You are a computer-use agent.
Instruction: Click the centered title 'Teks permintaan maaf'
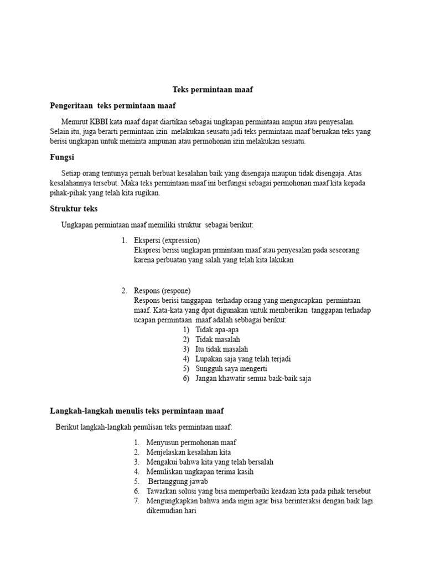pyautogui.click(x=212, y=89)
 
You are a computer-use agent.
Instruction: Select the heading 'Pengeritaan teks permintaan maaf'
pyautogui.click(x=113, y=105)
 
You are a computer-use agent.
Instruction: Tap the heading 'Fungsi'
pyautogui.click(x=62, y=157)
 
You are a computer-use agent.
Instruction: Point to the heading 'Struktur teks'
pyautogui.click(x=74, y=209)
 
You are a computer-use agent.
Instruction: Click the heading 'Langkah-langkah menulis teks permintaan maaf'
pyautogui.click(x=137, y=411)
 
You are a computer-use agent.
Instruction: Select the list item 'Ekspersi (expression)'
pyautogui.click(x=167, y=240)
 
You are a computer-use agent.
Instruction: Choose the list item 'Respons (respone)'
pyautogui.click(x=162, y=291)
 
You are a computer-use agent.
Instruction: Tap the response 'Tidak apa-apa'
pyautogui.click(x=217, y=329)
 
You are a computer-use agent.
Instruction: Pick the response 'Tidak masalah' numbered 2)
pyautogui.click(x=217, y=339)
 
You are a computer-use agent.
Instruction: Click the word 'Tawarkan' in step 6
pyautogui.click(x=160, y=491)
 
